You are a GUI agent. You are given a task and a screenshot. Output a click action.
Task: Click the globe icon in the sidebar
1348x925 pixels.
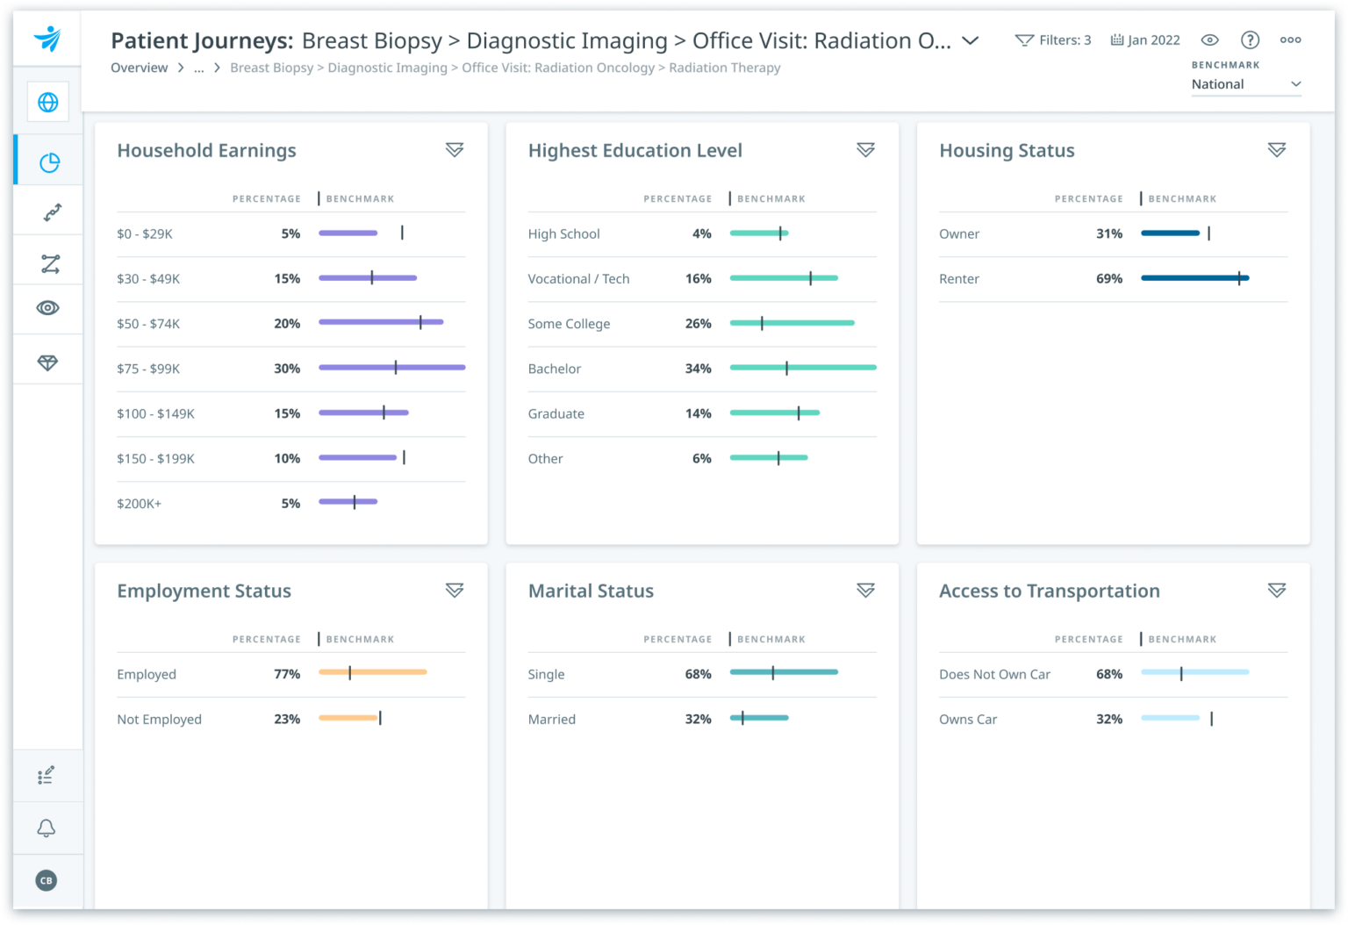coord(48,102)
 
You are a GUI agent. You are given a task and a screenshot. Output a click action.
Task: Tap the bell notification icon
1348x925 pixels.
coord(47,828)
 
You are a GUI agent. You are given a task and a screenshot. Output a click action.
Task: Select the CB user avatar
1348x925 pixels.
coord(47,880)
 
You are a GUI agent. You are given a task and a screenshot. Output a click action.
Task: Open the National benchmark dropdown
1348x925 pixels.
coord(1245,84)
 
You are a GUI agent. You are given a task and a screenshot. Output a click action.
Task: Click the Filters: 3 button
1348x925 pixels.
coord(1053,40)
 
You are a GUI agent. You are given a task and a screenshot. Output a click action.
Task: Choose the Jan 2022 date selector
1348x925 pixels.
coord(1145,40)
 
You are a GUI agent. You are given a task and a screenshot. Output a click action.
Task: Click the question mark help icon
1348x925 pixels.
coord(1250,40)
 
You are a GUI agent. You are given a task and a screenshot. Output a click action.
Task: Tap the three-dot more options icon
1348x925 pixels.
coord(1290,40)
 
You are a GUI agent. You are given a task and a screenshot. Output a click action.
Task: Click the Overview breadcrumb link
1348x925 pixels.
coord(139,68)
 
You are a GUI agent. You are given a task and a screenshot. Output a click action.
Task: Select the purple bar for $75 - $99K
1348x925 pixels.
coord(391,368)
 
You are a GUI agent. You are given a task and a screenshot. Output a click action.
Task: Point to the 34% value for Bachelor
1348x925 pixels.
coord(698,369)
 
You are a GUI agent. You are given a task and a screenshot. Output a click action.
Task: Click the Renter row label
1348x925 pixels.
coord(958,279)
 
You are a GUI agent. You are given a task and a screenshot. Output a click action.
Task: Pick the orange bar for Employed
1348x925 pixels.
coord(372,672)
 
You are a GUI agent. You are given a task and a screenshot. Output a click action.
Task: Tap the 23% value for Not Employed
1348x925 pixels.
coord(287,720)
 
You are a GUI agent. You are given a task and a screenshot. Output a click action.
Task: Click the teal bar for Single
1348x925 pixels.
coord(784,672)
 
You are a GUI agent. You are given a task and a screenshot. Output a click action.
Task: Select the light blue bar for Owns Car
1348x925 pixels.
coord(1170,718)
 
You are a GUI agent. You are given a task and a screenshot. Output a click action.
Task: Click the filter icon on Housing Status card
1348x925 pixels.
coord(1276,150)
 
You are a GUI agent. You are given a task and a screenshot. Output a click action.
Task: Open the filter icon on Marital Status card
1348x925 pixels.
coord(865,591)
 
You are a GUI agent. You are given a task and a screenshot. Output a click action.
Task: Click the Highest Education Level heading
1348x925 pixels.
coord(635,151)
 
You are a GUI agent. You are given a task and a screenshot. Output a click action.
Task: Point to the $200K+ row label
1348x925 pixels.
coord(139,504)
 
